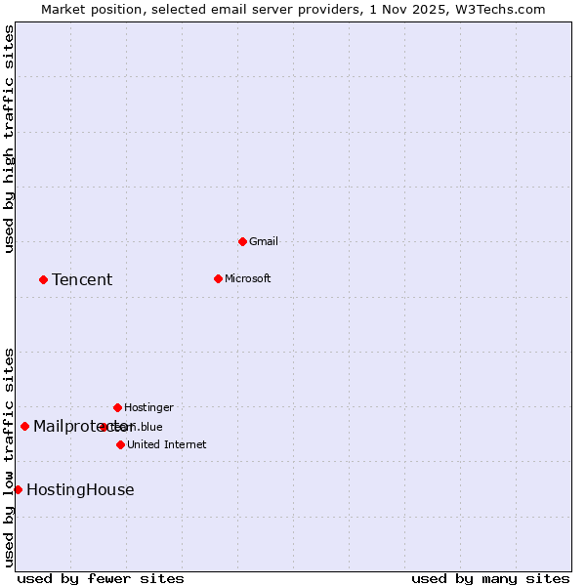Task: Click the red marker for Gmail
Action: [242, 241]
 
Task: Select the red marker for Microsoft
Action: [218, 278]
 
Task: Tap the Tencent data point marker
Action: [43, 279]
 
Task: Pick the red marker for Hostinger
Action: [117, 407]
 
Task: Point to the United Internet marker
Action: [120, 444]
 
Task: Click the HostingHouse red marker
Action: [18, 489]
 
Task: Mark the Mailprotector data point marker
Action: [24, 426]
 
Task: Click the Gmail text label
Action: [264, 241]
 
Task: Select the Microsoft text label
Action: [247, 278]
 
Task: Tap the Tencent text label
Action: [82, 280]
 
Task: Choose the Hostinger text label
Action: [148, 407]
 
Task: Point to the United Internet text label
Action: [166, 444]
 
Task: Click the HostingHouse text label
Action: [80, 490]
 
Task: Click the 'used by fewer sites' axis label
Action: [101, 578]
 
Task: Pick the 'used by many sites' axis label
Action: [490, 578]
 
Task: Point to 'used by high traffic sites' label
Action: [9, 139]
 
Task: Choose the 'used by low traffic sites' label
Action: [9, 457]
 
